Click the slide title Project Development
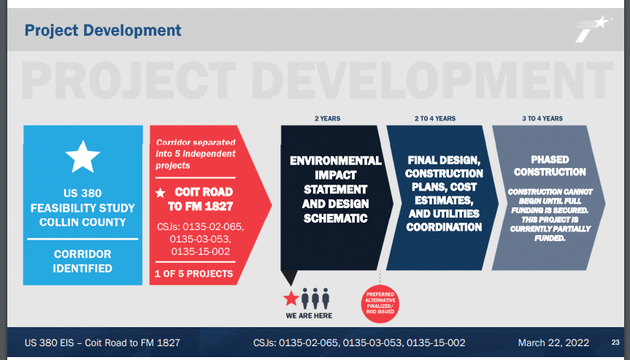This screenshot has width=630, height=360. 103,31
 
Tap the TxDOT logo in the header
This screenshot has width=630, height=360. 592,28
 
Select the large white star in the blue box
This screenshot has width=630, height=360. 82,157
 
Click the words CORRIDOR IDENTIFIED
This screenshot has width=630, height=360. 82,261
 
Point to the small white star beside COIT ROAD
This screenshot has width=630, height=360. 161,193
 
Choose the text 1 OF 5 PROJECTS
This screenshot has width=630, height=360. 193,274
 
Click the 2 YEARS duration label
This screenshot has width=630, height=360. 328,118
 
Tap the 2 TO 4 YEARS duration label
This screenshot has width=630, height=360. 435,118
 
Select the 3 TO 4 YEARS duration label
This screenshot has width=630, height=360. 542,118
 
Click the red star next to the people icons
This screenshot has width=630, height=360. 291,298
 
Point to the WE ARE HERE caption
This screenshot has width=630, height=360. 309,315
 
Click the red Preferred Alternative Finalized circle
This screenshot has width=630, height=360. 380,305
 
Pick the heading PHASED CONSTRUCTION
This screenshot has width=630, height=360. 550,166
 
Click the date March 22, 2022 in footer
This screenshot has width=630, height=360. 553,342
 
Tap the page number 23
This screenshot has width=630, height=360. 615,342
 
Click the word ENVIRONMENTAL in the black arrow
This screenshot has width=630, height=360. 336,161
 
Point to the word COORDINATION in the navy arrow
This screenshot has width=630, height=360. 444,227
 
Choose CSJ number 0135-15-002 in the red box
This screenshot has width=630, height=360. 201,251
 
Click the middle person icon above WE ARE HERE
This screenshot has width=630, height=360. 315,298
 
